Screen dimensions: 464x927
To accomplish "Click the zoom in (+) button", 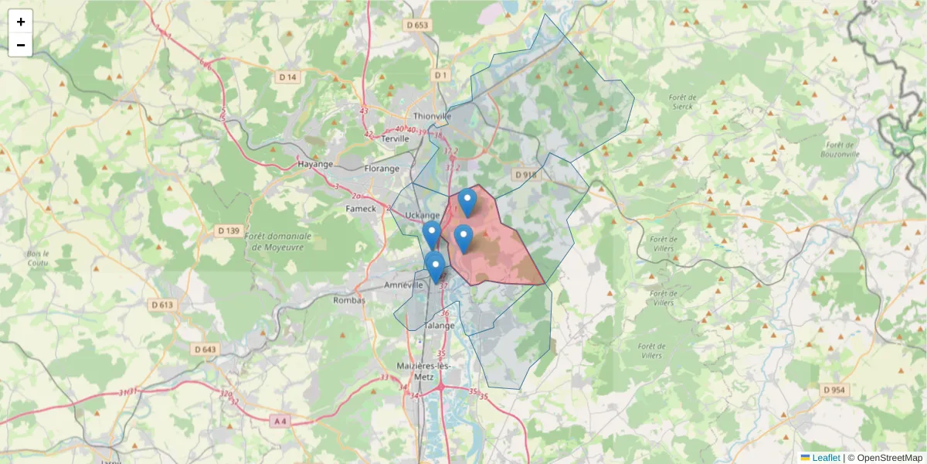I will coord(21,22).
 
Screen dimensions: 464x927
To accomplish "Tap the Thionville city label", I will coord(432,116).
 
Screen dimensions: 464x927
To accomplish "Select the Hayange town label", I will coord(314,164).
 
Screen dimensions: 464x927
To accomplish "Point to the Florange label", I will coord(382,168).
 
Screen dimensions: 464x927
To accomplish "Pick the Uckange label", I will coord(422,216).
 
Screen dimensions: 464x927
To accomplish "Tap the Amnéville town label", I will coord(404,285).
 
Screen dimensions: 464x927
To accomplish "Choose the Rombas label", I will coord(348,300).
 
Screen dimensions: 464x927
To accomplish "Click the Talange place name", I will coord(440,326).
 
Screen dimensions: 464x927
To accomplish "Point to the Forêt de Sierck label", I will coord(683,102).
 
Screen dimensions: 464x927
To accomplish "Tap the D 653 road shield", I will coord(417,25).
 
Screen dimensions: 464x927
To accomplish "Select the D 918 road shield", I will coord(525,175).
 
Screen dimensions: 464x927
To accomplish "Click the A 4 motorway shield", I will coord(280,421).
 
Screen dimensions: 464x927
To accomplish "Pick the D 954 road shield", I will coord(835,390).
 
